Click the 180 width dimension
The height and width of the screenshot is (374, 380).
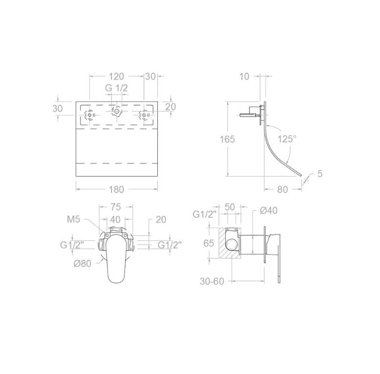click(x=116, y=189)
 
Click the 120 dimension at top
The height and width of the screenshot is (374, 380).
click(x=116, y=76)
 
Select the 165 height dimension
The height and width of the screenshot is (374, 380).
click(x=227, y=139)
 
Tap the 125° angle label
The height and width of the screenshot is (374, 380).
click(x=287, y=139)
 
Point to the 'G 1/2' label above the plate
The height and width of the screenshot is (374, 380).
click(x=116, y=88)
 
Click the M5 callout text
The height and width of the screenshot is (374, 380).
click(x=73, y=219)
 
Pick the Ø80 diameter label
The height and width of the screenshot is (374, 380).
click(x=83, y=263)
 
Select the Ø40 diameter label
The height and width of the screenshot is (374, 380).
click(x=269, y=210)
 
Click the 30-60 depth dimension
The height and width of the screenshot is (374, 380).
click(x=212, y=281)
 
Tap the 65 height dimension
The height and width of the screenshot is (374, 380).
click(x=209, y=243)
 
